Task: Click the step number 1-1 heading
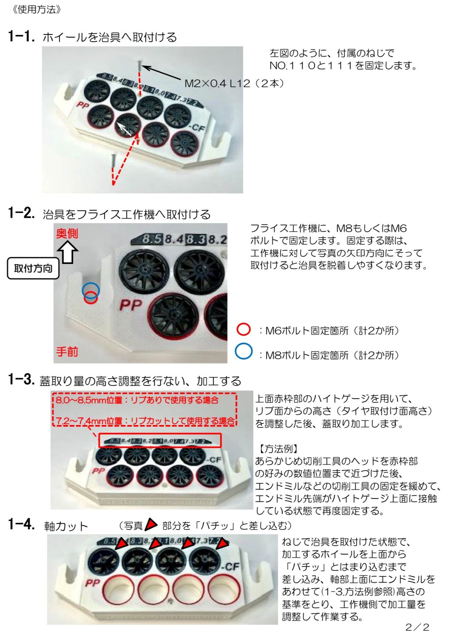pyautogui.click(x=22, y=37)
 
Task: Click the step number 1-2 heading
pyautogui.click(x=22, y=213)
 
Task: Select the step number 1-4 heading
pyautogui.click(x=22, y=524)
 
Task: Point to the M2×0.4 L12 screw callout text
pyautogui.click(x=234, y=84)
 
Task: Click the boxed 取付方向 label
pyautogui.click(x=33, y=269)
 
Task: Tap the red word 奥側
pyautogui.click(x=67, y=233)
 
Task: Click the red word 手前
pyautogui.click(x=67, y=351)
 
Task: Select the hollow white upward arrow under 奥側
pyautogui.click(x=68, y=252)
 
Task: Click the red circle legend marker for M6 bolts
pyautogui.click(x=243, y=329)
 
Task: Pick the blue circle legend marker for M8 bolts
pyautogui.click(x=243, y=351)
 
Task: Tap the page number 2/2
pyautogui.click(x=417, y=627)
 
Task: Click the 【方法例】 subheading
pyautogui.click(x=278, y=449)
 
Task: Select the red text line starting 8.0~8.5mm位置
pyautogui.click(x=137, y=400)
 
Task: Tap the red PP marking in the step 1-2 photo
pyautogui.click(x=131, y=305)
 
